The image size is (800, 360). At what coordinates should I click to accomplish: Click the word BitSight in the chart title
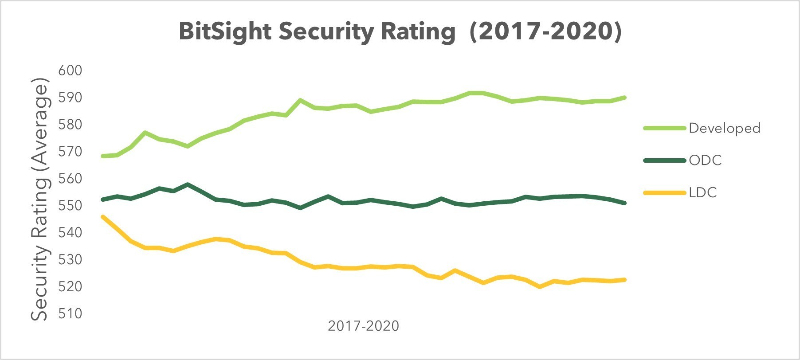(x=225, y=32)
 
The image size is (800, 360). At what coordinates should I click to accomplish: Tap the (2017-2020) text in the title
(x=545, y=32)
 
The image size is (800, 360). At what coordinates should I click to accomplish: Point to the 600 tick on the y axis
(x=70, y=70)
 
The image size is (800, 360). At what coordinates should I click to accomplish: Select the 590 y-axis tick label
(x=70, y=97)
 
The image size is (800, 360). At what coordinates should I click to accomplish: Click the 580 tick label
(x=70, y=124)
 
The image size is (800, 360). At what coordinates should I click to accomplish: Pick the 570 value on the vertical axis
(x=70, y=151)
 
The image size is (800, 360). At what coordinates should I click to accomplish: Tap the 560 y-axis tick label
(x=70, y=178)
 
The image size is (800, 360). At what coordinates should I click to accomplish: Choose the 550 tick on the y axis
(x=70, y=205)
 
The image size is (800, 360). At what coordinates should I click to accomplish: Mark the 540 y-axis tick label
(x=70, y=232)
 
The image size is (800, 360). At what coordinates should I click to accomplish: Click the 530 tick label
(x=70, y=259)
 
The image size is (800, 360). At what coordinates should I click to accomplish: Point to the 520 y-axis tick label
(x=70, y=286)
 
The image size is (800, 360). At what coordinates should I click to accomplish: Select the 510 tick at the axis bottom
(x=70, y=313)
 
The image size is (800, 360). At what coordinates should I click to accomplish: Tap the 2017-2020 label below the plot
(x=363, y=326)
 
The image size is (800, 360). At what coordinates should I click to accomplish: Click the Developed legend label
(x=724, y=128)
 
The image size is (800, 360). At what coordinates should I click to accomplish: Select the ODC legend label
(x=705, y=160)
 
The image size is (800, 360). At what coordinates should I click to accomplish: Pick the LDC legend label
(x=703, y=192)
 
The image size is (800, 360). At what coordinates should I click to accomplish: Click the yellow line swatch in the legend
(x=664, y=192)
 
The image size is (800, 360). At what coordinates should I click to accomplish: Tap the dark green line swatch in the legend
(x=664, y=160)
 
